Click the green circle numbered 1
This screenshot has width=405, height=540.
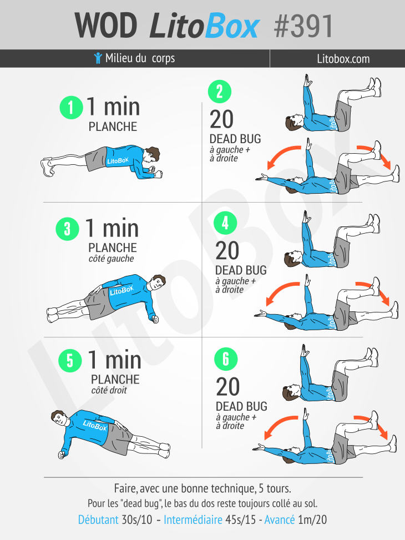pos(71,107)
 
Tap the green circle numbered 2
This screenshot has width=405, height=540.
pos(219,92)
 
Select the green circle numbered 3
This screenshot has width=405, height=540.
pos(67,229)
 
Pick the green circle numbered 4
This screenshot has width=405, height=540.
pos(225,223)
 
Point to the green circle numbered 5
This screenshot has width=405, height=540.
pos(70,360)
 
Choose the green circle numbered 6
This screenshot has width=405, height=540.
pos(226,359)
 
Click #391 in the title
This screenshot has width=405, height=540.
pos(303,26)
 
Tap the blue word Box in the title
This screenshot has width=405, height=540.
pos(232,26)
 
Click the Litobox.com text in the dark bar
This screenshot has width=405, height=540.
pos(343,59)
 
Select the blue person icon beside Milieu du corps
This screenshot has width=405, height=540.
pos(98,58)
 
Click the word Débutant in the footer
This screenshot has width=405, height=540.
pos(98,519)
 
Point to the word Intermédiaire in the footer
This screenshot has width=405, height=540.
pos(193,519)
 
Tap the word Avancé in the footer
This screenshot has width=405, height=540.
pos(280,519)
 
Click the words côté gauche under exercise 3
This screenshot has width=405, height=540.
pos(112,259)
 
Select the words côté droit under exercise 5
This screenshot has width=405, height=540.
pos(109,390)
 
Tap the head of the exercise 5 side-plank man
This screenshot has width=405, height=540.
pos(59,419)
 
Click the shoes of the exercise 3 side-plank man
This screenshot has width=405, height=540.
pos(53,315)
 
